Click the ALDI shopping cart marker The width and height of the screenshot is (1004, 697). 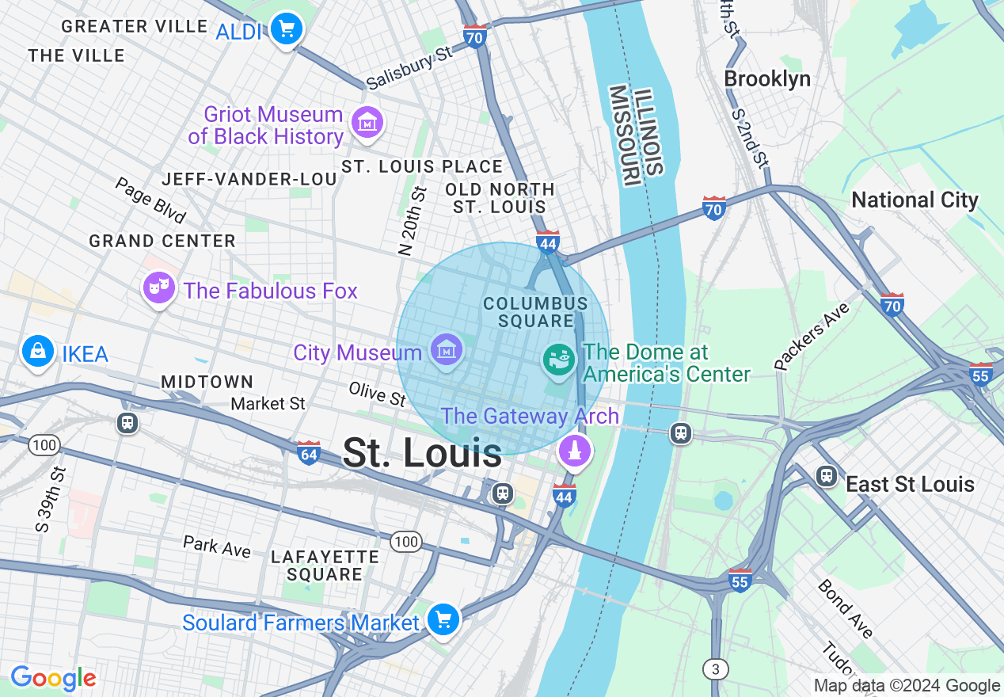(x=286, y=29)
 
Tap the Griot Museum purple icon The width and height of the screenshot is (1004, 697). (x=367, y=124)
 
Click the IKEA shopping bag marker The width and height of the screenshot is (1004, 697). (x=37, y=351)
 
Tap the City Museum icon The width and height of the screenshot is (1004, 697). (x=446, y=350)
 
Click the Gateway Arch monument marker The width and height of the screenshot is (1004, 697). (x=575, y=451)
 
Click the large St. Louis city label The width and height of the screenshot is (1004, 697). (x=422, y=453)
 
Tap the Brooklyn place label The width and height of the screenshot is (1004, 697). (x=766, y=79)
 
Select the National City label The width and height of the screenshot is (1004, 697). (x=915, y=200)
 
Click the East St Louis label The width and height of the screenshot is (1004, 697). (x=910, y=484)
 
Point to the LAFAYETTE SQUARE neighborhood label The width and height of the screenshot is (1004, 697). (x=325, y=566)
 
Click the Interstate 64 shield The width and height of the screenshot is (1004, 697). (x=309, y=453)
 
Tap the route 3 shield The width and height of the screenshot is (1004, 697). (x=715, y=669)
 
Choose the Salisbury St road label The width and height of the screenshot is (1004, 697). (x=409, y=68)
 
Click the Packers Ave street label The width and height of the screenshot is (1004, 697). (x=812, y=336)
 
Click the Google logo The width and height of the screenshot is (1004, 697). (x=53, y=679)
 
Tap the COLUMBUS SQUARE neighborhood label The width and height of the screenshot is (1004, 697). (x=535, y=312)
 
